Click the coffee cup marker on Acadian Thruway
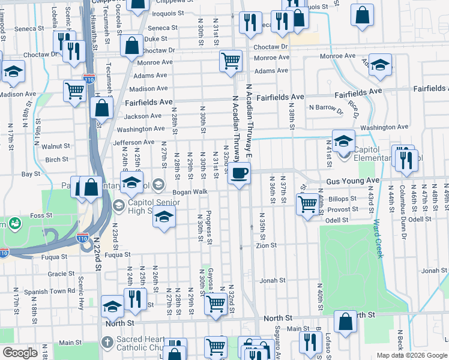click(239, 173)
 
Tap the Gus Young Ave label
click(353, 181)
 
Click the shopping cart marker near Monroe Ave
click(231, 61)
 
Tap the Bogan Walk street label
click(190, 192)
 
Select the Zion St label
click(266, 245)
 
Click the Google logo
click(20, 353)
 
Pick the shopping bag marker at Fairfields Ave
click(102, 108)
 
